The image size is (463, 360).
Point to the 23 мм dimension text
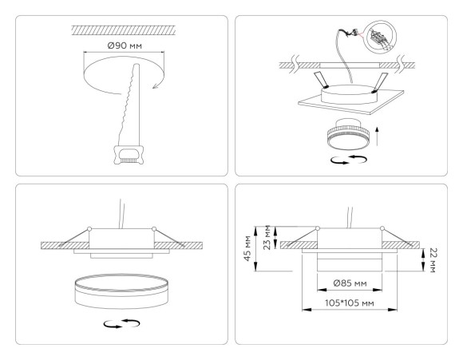pyautogui.click(x=267, y=226)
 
